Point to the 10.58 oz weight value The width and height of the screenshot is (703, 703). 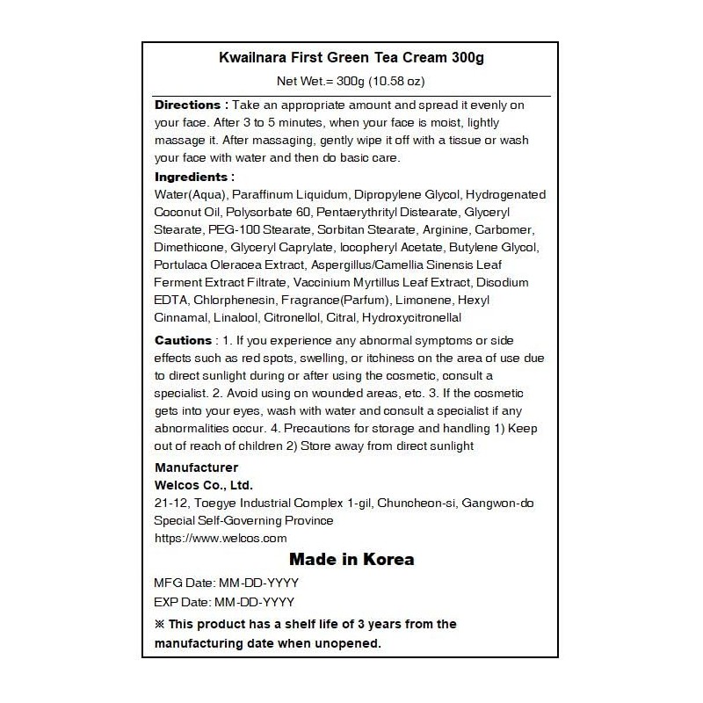388,82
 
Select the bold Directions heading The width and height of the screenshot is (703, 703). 192,105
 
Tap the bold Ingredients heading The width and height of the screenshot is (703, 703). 194,177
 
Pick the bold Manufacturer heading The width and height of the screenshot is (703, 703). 195,467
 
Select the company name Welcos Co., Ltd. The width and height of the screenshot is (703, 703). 203,485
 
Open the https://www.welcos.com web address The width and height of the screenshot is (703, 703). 221,538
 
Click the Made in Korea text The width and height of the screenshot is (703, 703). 351,560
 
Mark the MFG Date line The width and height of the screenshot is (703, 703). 224,583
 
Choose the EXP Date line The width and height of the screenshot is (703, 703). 224,603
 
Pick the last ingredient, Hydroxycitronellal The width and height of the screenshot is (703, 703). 412,317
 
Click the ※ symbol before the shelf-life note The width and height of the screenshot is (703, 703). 159,625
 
